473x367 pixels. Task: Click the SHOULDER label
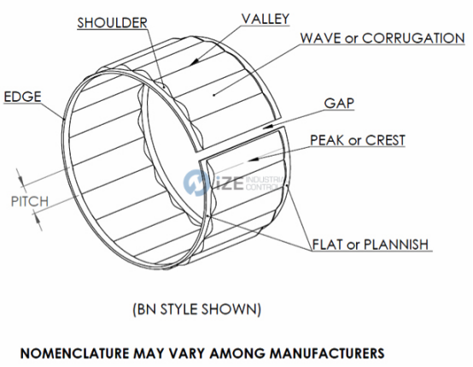pos(112,23)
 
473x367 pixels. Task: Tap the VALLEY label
pos(266,19)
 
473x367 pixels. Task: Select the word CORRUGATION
pos(413,38)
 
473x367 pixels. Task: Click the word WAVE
pos(321,38)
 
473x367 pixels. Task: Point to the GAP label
pos(339,104)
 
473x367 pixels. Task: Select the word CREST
pos(385,140)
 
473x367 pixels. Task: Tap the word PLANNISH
pos(396,245)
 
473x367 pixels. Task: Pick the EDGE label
pos(22,97)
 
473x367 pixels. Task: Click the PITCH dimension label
pos(30,201)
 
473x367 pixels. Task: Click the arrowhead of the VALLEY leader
pos(195,61)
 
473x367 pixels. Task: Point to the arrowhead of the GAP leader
pos(268,127)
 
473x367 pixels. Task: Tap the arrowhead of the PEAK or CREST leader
pos(253,159)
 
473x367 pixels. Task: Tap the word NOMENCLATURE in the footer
pos(74,353)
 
